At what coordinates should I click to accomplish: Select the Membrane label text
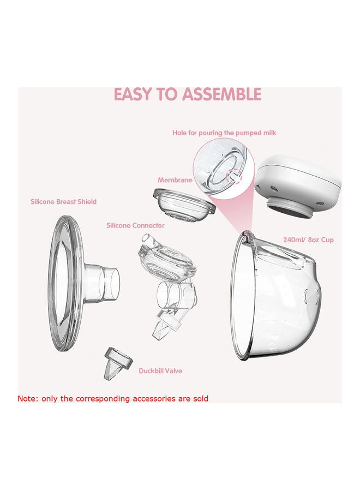tap(174, 180)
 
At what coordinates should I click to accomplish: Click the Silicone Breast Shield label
tap(63, 202)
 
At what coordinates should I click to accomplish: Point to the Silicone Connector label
tap(135, 225)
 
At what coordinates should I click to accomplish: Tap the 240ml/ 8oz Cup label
tap(309, 239)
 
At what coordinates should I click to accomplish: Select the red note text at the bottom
tap(113, 399)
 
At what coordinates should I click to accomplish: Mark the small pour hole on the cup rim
tap(248, 235)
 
